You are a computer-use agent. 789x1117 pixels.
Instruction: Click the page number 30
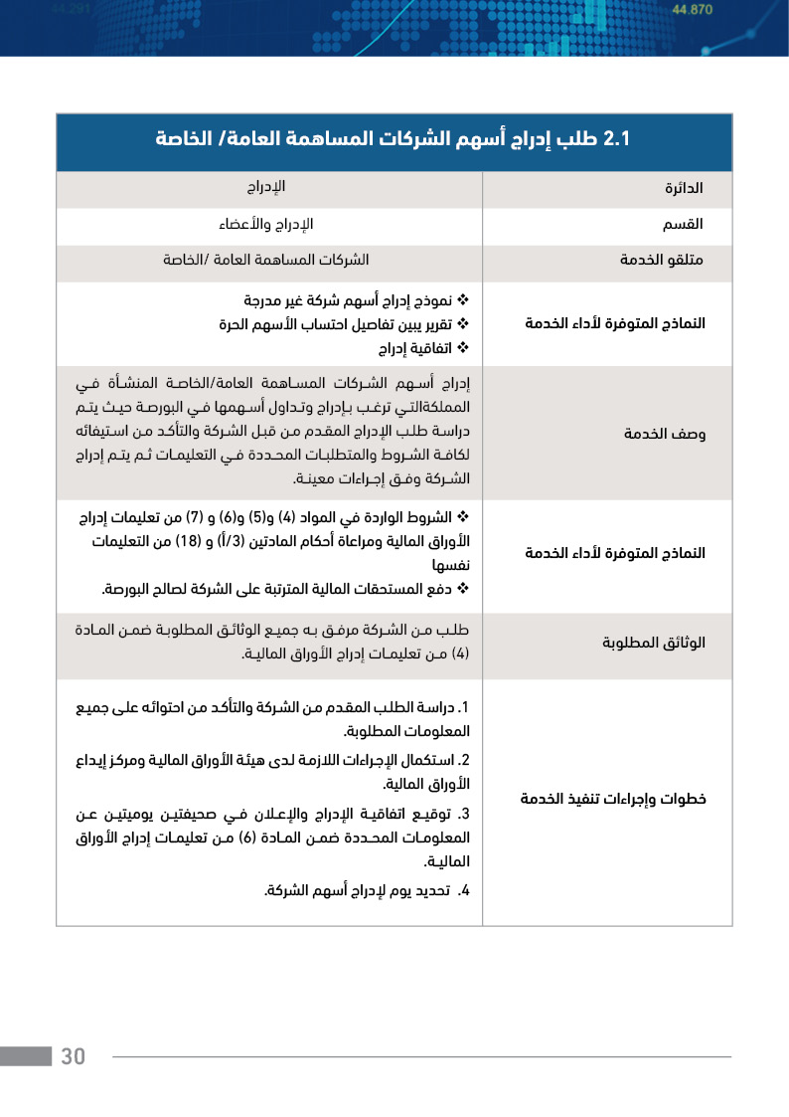(74, 1056)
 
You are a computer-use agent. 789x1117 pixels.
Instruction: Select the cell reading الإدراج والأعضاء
(265, 224)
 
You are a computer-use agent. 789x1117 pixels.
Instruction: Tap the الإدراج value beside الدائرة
(266, 187)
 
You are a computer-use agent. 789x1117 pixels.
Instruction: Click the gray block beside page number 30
(26, 1056)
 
